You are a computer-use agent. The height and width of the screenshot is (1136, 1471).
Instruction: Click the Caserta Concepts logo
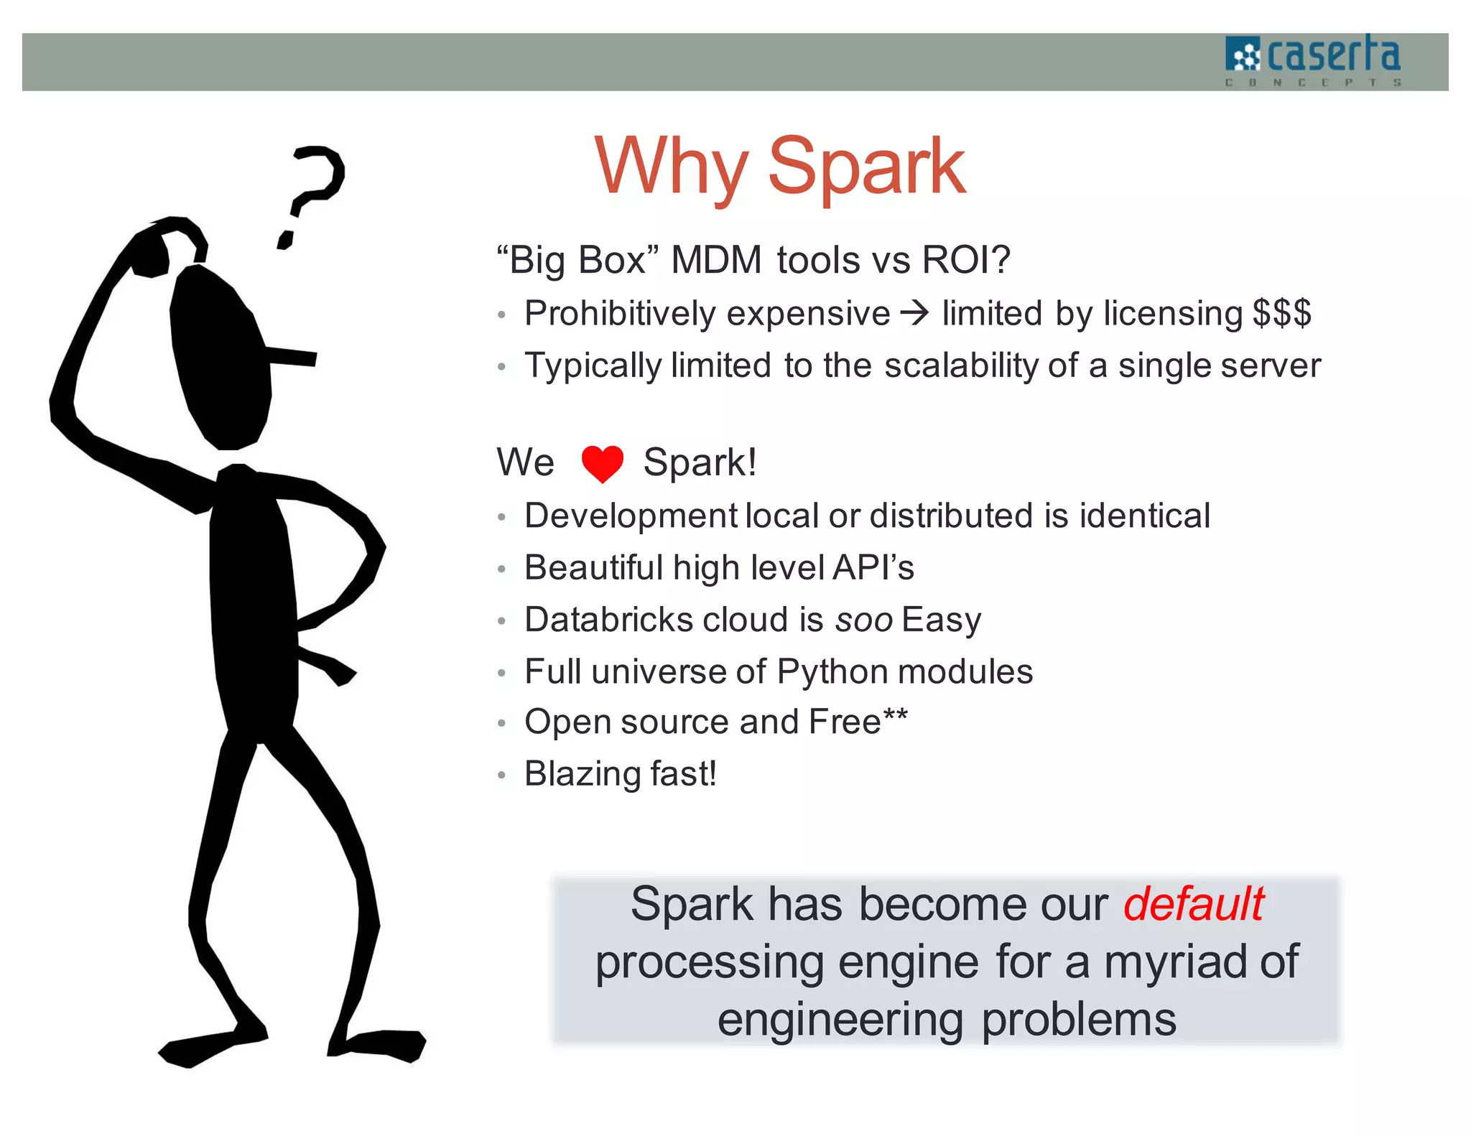point(1313,60)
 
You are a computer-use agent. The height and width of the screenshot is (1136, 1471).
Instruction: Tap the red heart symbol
point(602,463)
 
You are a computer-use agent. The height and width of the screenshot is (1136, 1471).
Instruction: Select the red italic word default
point(1193,903)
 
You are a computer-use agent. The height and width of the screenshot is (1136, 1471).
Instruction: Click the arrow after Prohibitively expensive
point(915,313)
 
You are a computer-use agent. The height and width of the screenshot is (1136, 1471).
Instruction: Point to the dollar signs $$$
point(1282,313)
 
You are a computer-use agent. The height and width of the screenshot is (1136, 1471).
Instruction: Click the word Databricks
point(610,620)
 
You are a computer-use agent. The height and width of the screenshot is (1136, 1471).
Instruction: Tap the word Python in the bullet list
point(832,672)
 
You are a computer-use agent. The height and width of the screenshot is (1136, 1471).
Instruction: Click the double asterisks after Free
point(896,715)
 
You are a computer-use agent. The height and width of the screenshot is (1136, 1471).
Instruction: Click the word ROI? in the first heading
point(965,260)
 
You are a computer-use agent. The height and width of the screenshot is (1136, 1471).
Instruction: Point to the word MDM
point(715,260)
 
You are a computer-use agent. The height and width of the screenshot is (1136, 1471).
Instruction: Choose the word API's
point(873,567)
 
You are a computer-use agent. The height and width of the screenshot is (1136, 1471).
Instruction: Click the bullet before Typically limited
point(502,367)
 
